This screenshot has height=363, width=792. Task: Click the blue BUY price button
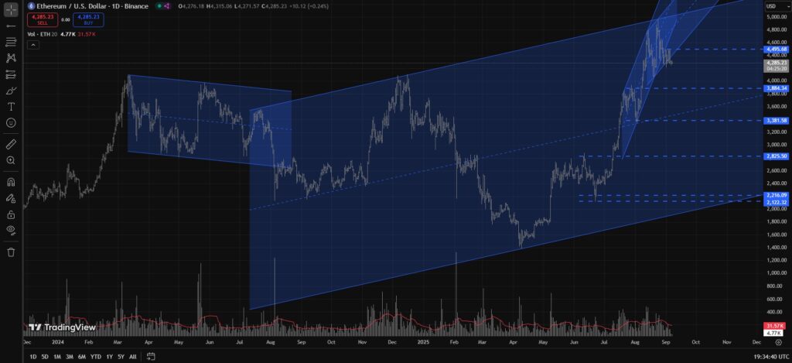(x=88, y=20)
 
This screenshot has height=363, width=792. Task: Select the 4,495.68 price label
(x=775, y=49)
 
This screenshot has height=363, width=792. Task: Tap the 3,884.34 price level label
(x=775, y=88)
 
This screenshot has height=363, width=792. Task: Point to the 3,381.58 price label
(x=775, y=121)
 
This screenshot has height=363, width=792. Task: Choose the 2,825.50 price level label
(x=775, y=156)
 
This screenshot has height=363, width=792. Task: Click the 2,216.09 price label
(x=775, y=195)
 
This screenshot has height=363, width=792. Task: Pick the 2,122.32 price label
(x=775, y=202)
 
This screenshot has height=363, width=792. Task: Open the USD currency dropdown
(x=771, y=6)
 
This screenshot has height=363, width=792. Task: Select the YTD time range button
(x=95, y=357)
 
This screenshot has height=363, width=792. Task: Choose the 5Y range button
(x=121, y=357)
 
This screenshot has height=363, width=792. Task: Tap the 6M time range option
(x=81, y=357)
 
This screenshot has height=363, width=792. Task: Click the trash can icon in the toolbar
(x=11, y=252)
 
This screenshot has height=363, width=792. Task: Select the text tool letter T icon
(x=11, y=106)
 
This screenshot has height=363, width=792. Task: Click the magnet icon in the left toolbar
(x=11, y=183)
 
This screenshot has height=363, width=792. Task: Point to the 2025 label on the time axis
(x=422, y=341)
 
